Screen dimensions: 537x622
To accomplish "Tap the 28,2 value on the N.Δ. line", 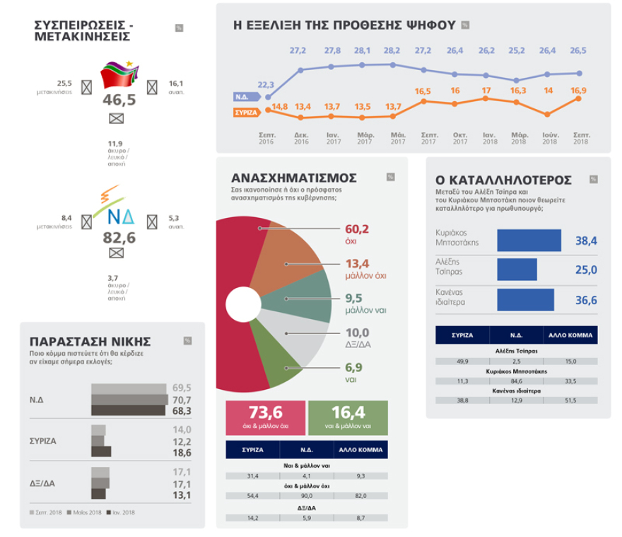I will [391, 51].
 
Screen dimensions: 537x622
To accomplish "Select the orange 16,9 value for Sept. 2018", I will [580, 91].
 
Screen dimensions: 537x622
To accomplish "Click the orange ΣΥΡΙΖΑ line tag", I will [245, 112].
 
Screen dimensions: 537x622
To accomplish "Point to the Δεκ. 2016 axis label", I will [301, 138].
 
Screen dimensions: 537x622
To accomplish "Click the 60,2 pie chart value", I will [357, 229].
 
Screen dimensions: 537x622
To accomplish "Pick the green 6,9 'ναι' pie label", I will [354, 368].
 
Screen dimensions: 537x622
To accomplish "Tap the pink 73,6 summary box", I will [266, 416].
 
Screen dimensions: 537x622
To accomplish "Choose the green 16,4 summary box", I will [348, 416].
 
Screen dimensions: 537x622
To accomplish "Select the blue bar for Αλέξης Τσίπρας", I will [517, 270].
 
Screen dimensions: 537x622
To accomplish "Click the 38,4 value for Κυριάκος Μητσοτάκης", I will [586, 241].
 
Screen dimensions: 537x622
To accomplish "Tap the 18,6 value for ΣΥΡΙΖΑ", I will [182, 453].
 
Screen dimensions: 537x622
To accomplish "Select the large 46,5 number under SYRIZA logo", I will [119, 100].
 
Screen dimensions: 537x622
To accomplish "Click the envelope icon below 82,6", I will [117, 253].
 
